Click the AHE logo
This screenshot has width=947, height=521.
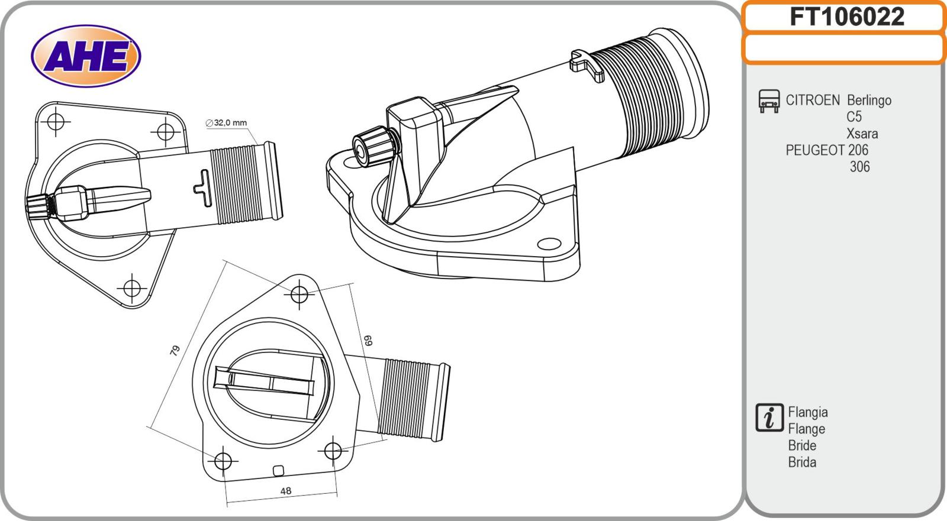86,57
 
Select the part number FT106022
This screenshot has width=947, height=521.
846,17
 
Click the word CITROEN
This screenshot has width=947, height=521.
812,100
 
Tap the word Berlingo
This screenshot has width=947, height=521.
869,101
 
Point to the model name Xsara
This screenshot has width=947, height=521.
862,134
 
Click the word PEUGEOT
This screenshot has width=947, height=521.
814,150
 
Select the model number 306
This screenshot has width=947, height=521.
859,167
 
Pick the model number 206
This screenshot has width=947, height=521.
858,150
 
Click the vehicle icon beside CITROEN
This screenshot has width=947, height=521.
769,101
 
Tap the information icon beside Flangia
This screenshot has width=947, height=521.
769,418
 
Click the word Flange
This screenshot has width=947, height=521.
806,429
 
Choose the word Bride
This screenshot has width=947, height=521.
802,445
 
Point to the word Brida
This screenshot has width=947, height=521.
802,462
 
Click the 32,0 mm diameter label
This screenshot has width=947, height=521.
226,123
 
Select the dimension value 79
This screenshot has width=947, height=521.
175,350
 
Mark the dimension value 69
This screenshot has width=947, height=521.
368,340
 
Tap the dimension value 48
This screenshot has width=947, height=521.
285,491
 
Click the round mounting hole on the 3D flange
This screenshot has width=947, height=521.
549,244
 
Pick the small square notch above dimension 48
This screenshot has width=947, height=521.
278,471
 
